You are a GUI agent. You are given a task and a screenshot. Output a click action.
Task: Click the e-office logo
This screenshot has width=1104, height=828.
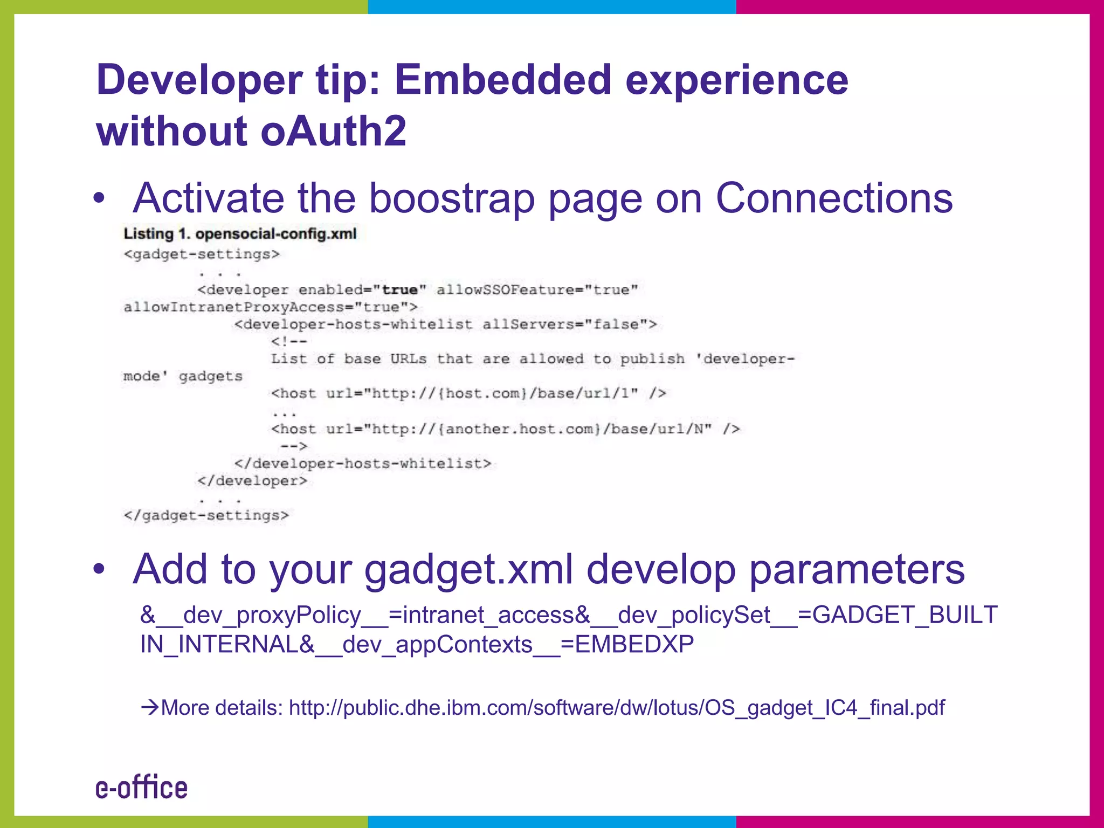[142, 788]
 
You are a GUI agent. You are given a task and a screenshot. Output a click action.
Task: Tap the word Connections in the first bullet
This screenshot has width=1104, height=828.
[834, 198]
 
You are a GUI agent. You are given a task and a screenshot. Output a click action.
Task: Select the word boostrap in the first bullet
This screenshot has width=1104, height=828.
[452, 198]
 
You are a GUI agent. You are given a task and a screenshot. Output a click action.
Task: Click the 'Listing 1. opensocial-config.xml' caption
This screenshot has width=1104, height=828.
[240, 234]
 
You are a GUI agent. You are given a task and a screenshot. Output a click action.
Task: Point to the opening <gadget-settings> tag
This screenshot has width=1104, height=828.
[202, 254]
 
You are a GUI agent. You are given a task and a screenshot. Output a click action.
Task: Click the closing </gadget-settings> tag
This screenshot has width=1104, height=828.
[206, 515]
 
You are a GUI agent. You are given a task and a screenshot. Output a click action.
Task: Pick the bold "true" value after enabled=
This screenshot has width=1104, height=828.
[399, 290]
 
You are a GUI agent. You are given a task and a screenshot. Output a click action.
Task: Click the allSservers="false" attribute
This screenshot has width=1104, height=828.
[568, 325]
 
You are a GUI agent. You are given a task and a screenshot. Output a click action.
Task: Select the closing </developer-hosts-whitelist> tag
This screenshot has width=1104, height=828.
[363, 464]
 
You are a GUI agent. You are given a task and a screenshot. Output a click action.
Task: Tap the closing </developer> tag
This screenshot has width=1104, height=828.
[252, 481]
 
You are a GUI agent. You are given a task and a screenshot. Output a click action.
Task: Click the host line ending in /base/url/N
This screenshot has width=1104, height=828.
[505, 429]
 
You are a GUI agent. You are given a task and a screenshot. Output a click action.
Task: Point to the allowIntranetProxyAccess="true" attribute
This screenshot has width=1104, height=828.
[270, 307]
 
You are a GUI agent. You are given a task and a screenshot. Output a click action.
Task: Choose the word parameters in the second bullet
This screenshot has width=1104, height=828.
[857, 569]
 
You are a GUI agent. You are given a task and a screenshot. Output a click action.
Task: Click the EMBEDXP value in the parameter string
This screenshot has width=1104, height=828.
[634, 644]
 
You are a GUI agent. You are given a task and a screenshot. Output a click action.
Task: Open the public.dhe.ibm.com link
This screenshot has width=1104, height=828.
[617, 708]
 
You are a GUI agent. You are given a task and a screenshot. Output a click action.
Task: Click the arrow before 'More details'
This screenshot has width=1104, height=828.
[150, 707]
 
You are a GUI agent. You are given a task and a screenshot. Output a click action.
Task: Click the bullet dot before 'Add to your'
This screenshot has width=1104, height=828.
[99, 569]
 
